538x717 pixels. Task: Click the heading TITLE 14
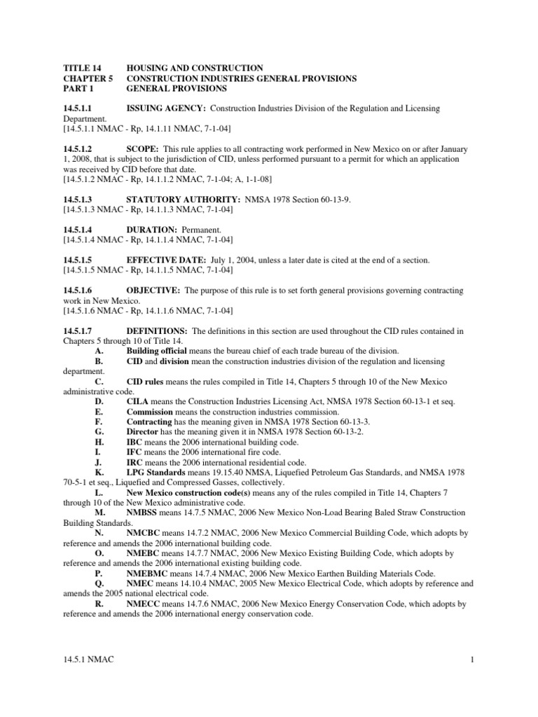(x=82, y=68)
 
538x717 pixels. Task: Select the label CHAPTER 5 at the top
(x=87, y=78)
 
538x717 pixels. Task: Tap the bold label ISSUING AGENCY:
(x=165, y=109)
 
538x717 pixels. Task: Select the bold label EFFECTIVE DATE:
(x=165, y=260)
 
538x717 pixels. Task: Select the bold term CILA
(x=137, y=401)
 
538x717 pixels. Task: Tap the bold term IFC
(x=134, y=452)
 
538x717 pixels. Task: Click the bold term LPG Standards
(x=156, y=473)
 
